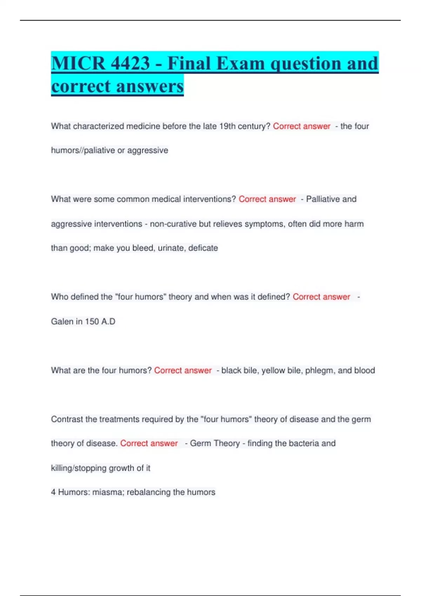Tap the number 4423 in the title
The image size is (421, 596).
130,63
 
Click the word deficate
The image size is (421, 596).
203,248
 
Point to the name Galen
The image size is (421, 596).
62,321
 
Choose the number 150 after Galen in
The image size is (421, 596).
92,321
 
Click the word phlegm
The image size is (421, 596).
320,371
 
